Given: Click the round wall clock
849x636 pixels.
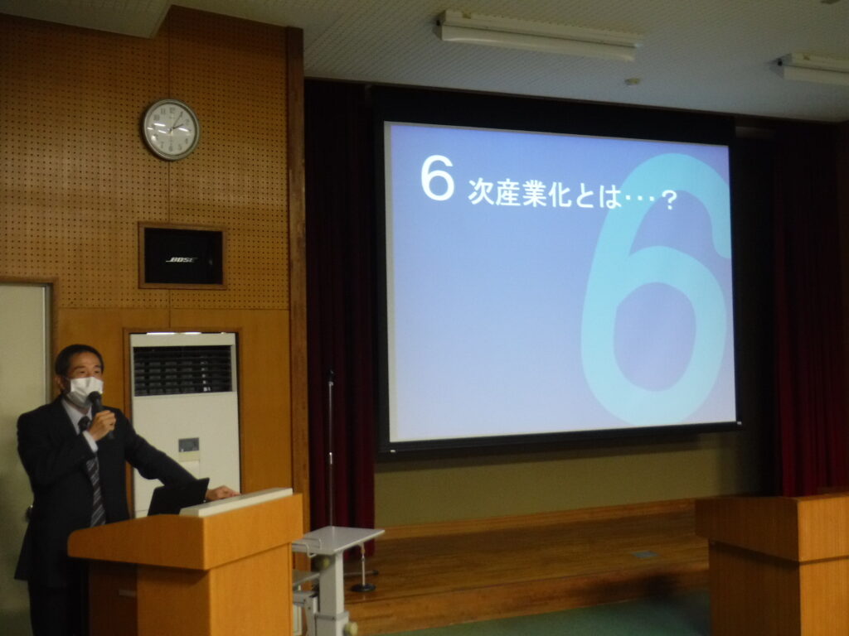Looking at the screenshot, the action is pos(171,130).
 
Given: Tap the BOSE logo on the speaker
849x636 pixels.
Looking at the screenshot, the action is pos(182,260).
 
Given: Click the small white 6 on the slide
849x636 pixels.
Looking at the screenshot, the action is pos(438,178).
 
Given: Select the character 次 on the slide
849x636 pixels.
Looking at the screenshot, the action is pos(481,191).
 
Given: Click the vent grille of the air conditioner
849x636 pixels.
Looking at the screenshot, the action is pos(182,370).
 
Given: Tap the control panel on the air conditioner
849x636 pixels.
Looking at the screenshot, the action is pos(188,445).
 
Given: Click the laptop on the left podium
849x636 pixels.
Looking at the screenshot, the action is pos(178,497).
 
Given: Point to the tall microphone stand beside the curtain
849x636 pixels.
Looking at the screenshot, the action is pos(330,448).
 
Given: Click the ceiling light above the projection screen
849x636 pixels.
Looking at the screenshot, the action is pos(537,35).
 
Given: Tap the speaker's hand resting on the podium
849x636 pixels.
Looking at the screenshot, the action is pos(221,492).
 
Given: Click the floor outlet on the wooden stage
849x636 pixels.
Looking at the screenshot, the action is pos(645,554).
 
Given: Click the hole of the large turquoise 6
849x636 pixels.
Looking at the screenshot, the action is pos(655,336).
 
